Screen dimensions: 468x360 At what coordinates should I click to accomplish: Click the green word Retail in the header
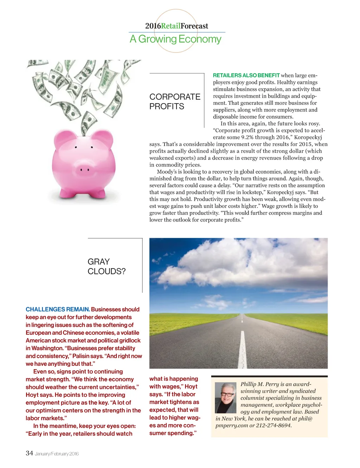[x=171, y=26]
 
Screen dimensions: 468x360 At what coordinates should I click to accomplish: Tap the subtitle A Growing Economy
[x=175, y=39]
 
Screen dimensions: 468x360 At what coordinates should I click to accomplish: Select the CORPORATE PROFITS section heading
[x=175, y=101]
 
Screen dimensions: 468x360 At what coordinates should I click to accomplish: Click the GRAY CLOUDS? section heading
[x=106, y=266]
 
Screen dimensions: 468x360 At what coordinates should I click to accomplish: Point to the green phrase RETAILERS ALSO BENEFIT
[x=246, y=75]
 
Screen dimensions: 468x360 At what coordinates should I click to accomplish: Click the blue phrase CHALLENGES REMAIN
[x=58, y=309]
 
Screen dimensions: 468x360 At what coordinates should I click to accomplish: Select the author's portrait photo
[x=225, y=398]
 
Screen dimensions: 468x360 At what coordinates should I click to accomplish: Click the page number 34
[x=29, y=453]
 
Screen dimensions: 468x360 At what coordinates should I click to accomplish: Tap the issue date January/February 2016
[x=57, y=454]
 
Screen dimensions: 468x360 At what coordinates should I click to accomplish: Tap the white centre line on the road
[x=242, y=345]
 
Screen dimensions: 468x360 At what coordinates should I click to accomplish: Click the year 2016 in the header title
[x=153, y=26]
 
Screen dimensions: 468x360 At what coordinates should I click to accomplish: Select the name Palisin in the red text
[x=81, y=356]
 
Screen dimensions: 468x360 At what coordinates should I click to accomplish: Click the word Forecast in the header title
[x=194, y=26]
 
